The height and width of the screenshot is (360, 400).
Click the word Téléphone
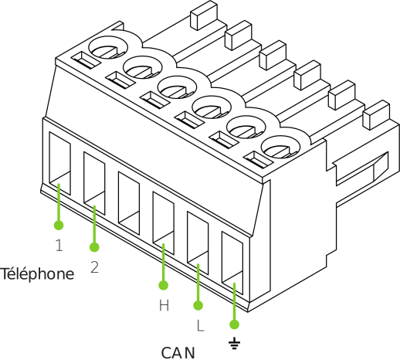[38, 274]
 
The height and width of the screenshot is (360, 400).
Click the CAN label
[178, 353]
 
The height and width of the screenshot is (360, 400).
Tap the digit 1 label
[59, 245]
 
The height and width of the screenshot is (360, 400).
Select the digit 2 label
[95, 267]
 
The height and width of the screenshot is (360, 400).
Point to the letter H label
[164, 305]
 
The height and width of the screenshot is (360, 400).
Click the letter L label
[200, 326]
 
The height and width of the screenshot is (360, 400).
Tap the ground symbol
[234, 343]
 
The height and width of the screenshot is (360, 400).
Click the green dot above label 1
[59, 226]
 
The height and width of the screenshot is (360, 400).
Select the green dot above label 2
[94, 247]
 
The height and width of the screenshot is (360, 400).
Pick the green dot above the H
[164, 285]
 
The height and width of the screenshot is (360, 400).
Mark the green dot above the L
[198, 305]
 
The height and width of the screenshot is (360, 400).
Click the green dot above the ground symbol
[234, 324]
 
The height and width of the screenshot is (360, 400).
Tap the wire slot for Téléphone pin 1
[59, 164]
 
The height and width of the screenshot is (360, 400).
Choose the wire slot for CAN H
[164, 222]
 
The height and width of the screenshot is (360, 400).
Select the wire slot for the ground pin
[232, 263]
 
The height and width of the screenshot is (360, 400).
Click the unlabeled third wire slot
[129, 203]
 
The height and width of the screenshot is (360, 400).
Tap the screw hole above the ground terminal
[280, 147]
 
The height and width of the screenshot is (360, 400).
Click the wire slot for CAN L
[198, 243]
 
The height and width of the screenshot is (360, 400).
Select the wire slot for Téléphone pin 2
[94, 183]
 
